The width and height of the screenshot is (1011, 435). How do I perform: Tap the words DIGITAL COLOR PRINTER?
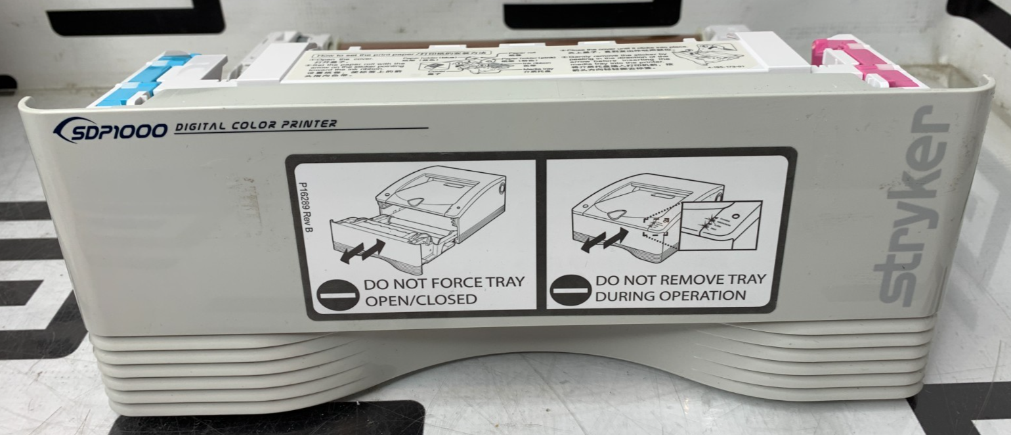pos(256,125)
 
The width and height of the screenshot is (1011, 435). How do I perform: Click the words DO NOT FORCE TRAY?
pos(444,283)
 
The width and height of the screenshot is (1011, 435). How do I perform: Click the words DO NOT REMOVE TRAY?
pos(680,279)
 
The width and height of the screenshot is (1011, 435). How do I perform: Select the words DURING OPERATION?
pos(670,296)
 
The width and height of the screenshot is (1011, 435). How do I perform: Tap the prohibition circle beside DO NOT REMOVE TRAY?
pos(569,289)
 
